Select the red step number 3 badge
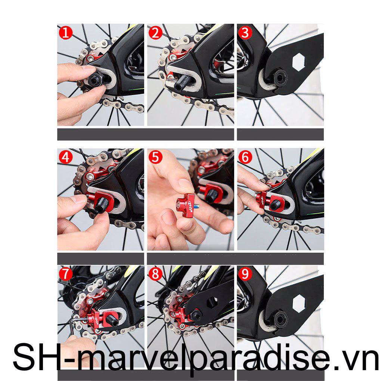[x=245, y=33]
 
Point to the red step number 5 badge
[x=155, y=157]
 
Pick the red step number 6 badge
[x=245, y=157]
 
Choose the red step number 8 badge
[x=155, y=275]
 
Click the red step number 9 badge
[x=245, y=275]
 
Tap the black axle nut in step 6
[x=275, y=205]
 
